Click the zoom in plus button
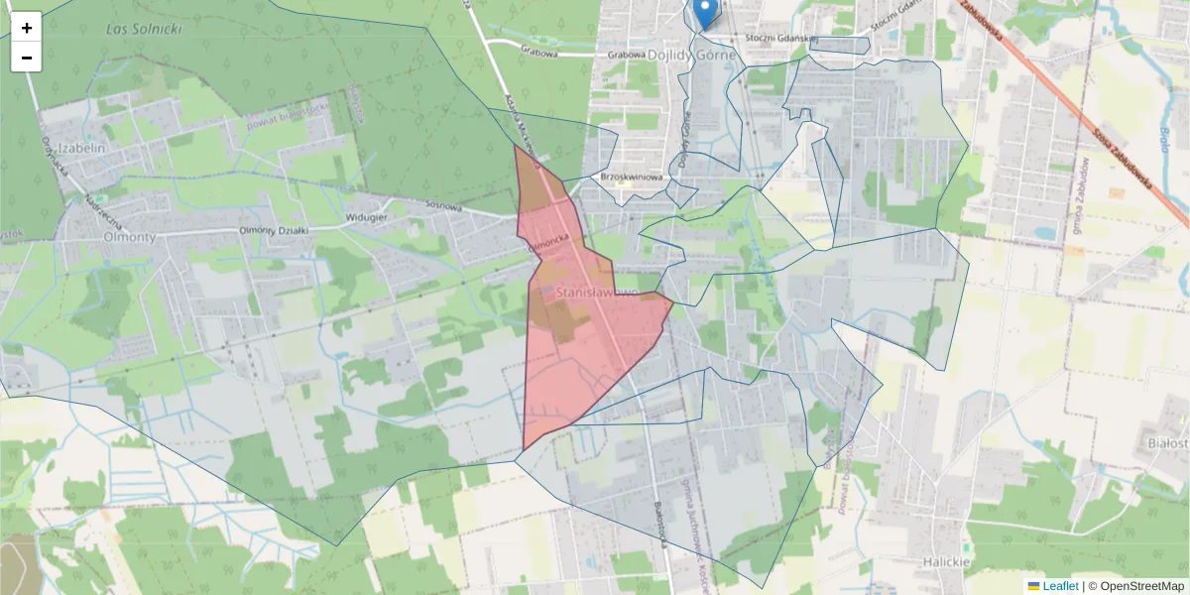coord(27,28)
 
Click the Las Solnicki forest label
coord(144,29)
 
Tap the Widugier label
coord(365,217)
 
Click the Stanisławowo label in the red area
coord(595,294)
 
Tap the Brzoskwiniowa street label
coord(631,177)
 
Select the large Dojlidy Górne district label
coord(692,56)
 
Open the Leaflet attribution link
coord(1060,586)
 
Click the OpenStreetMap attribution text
coord(1141,586)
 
